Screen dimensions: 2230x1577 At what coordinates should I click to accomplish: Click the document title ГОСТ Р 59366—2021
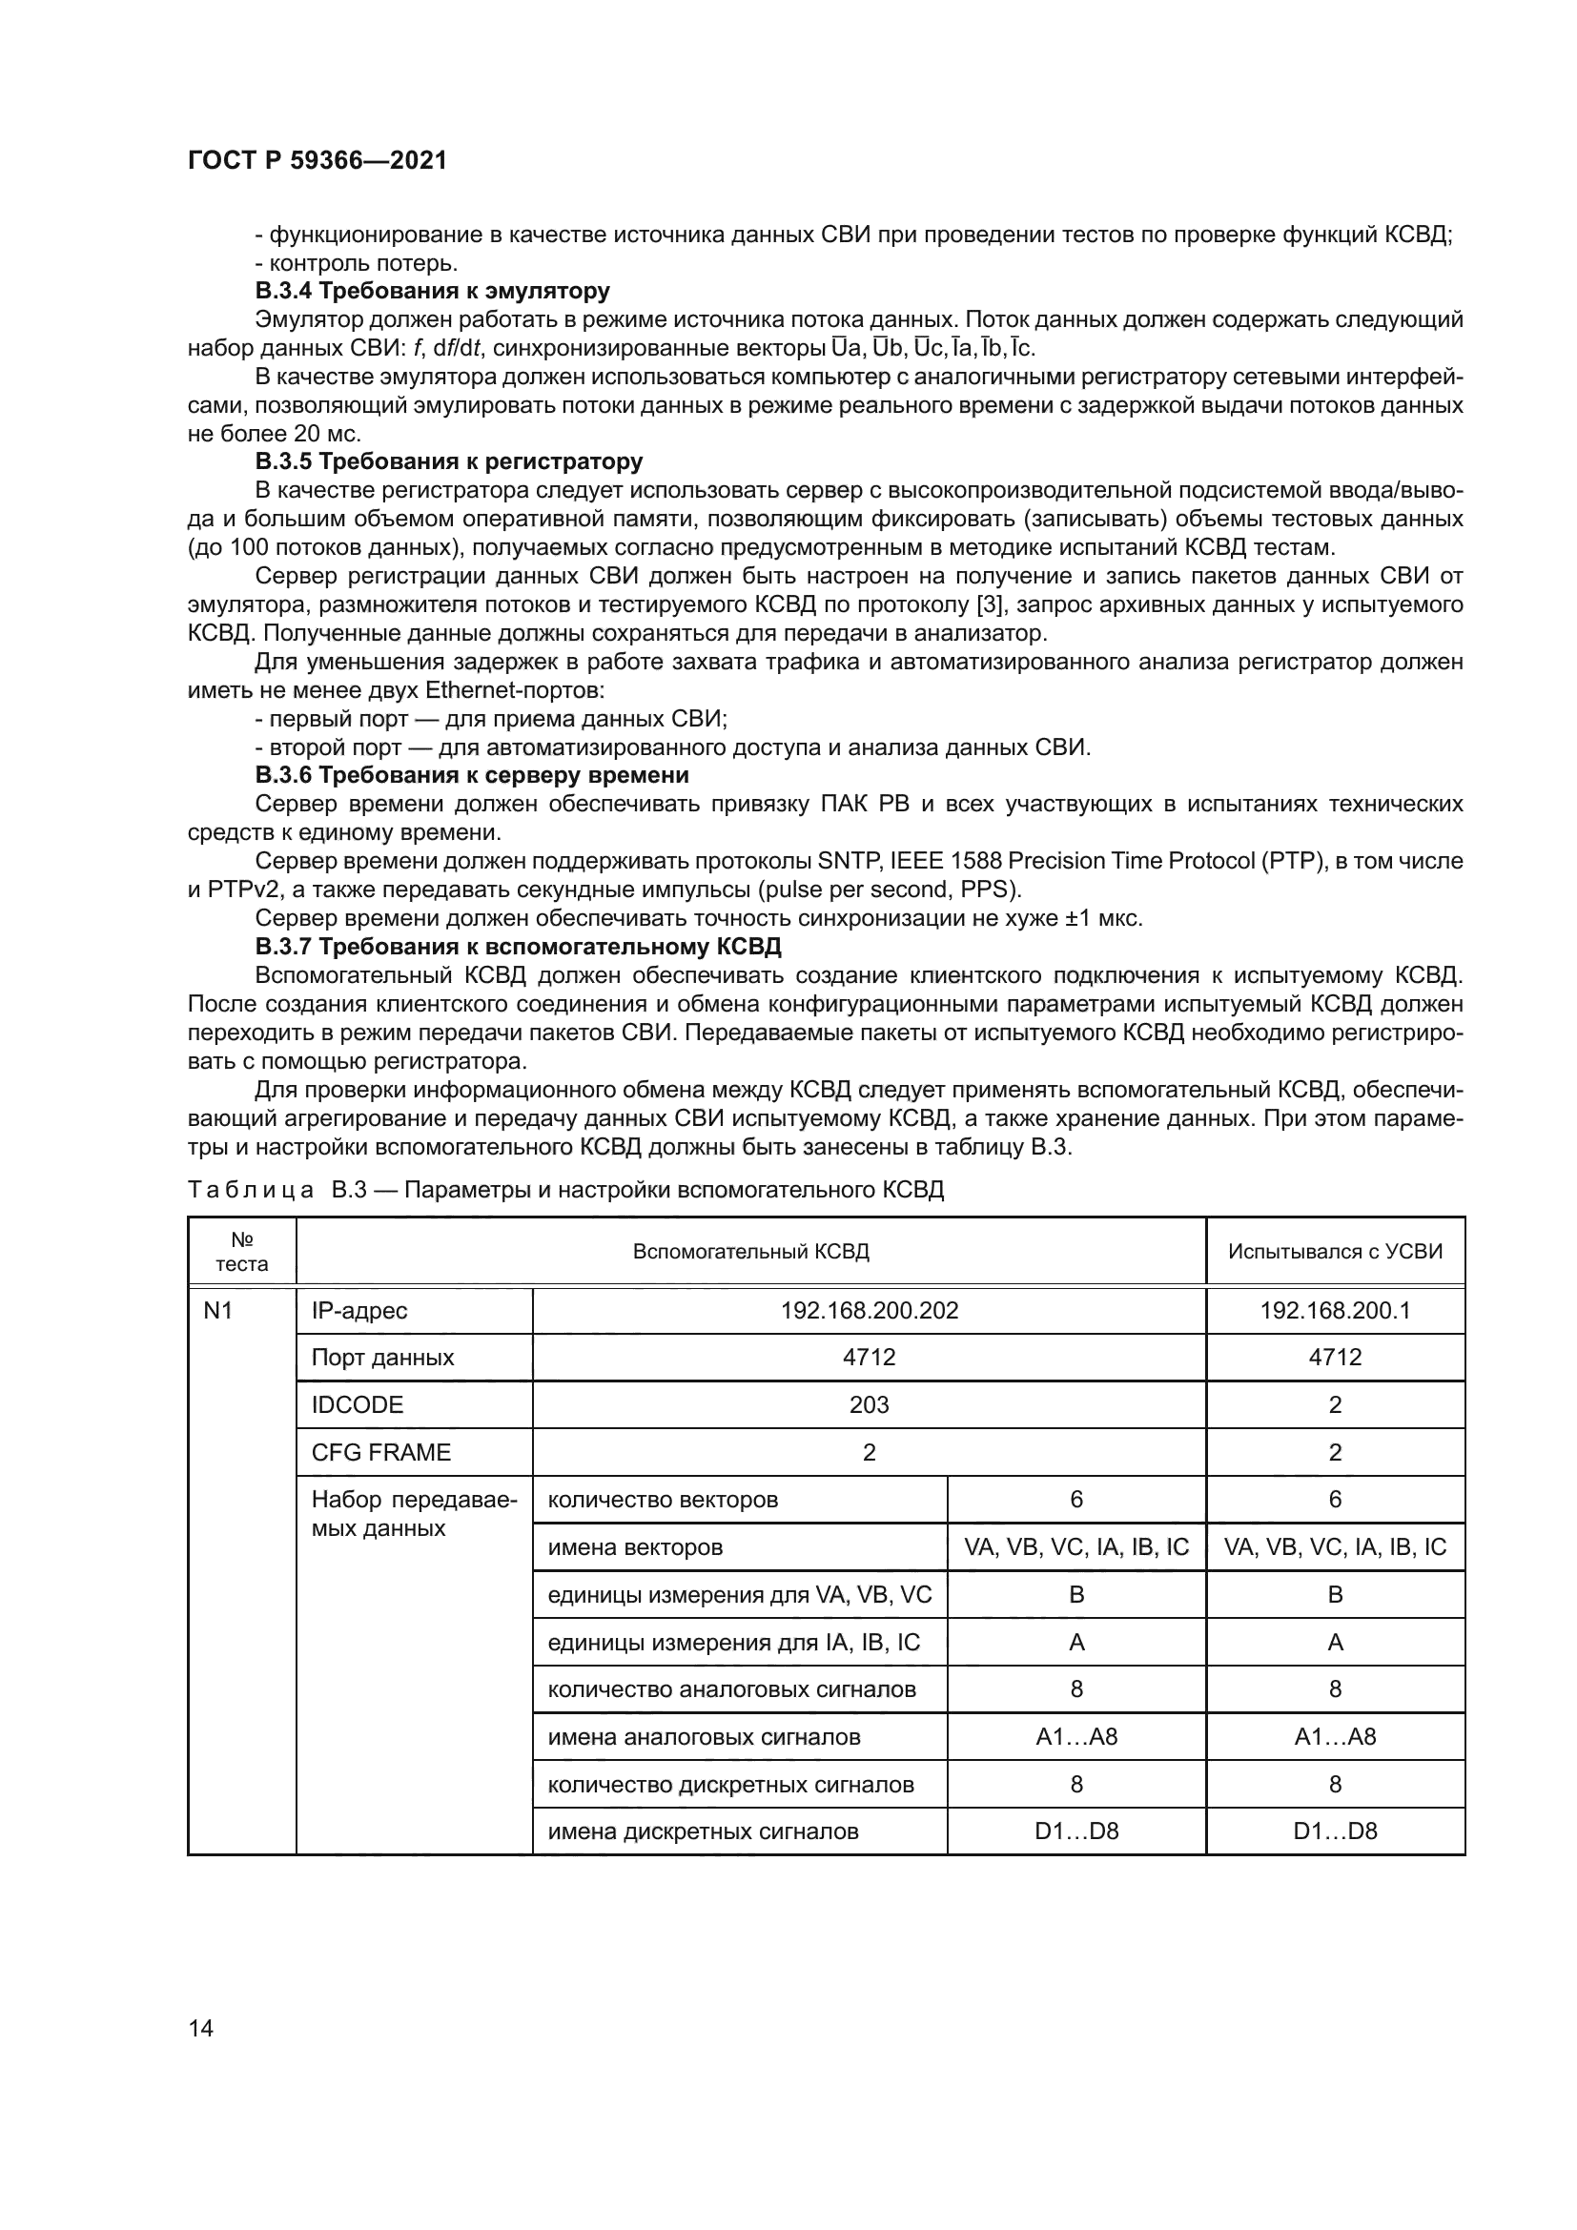coord(317,160)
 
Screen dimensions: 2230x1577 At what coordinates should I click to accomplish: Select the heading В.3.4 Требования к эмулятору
coord(432,291)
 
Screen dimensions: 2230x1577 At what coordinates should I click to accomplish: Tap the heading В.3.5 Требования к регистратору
coord(449,461)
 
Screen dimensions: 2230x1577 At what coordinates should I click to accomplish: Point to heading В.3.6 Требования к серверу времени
coord(472,775)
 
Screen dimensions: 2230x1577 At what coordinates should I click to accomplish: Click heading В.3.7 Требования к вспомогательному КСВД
coord(518,946)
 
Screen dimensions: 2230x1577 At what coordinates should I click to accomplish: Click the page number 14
coord(201,2028)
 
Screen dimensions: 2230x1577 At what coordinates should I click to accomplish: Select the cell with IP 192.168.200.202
coord(870,1311)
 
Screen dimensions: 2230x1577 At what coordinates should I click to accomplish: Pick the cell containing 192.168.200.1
coord(1334,1311)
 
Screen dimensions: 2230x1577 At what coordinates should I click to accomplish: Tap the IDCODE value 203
coord(870,1405)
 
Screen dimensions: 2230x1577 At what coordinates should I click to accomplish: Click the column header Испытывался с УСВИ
coord(1334,1252)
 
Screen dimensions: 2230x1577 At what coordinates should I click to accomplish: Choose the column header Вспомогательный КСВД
coord(750,1252)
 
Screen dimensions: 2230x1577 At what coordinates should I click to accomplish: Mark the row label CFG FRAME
coord(380,1452)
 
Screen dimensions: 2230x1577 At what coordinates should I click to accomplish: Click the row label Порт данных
coord(382,1358)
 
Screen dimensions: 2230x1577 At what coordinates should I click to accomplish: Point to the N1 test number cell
coord(218,1311)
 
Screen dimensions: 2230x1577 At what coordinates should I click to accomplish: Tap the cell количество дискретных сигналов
coord(730,1784)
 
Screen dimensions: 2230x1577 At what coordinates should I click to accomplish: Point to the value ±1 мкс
coord(1103,918)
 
